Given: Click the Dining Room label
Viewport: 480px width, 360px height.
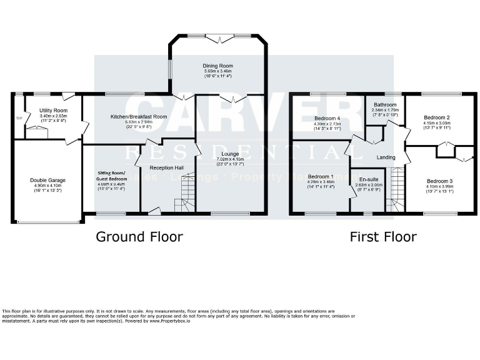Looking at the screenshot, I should (x=217, y=66).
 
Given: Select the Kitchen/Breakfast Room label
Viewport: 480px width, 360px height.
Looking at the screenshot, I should (x=139, y=117).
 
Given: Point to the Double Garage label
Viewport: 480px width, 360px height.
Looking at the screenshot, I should (x=47, y=180).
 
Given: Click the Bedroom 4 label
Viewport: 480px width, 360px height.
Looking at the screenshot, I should (x=327, y=118).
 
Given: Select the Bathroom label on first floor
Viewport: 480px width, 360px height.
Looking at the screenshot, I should (x=386, y=104).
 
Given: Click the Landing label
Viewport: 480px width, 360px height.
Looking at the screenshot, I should (x=386, y=157).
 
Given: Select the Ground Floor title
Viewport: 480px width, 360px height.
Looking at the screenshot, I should (x=139, y=236).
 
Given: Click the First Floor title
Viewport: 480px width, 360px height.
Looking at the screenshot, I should (x=383, y=236).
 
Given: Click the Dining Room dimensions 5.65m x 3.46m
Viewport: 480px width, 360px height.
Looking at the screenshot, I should (x=217, y=72).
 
